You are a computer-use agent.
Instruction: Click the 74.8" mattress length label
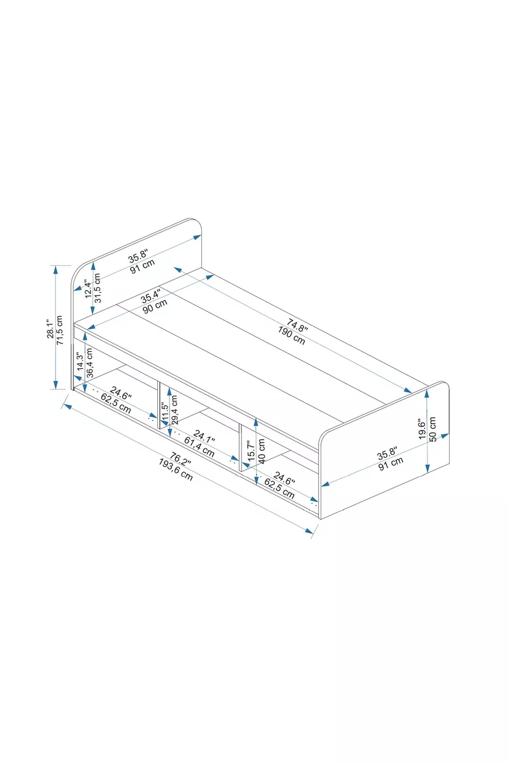[x=297, y=325]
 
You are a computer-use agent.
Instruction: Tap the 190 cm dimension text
[x=291, y=336]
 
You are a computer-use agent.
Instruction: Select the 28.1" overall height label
[x=51, y=329]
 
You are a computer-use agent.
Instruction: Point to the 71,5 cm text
[x=59, y=330]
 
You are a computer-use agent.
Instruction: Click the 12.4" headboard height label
[x=88, y=289]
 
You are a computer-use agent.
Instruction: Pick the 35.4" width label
[x=150, y=295]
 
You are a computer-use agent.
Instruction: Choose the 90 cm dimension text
[x=155, y=306]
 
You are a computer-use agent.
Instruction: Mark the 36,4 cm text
[x=90, y=363]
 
